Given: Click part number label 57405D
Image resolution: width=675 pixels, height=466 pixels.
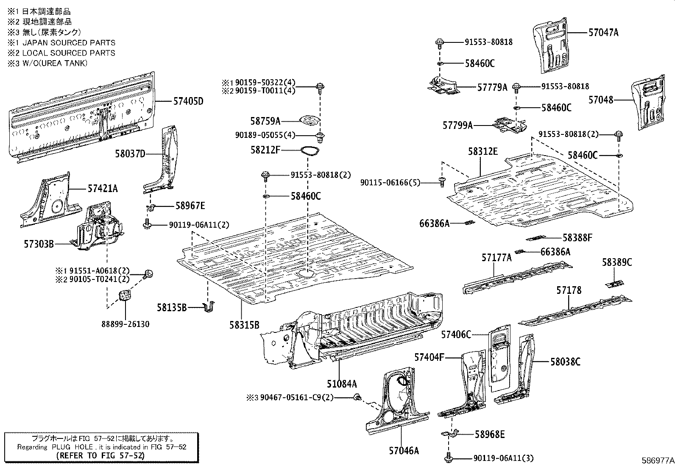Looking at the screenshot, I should click(x=188, y=101).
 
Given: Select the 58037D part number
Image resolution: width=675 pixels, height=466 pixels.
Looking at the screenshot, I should click(x=130, y=153).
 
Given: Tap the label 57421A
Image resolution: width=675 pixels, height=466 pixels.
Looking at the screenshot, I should click(x=103, y=188).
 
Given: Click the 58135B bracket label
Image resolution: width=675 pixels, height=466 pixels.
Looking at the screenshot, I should click(x=172, y=308).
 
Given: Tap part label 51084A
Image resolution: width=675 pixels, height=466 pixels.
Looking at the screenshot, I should click(x=342, y=384).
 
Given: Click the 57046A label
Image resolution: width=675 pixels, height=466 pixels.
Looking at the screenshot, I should click(x=404, y=451).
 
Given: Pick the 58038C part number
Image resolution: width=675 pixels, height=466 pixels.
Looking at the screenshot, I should click(x=565, y=362).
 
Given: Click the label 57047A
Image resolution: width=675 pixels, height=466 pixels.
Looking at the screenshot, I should click(x=603, y=32).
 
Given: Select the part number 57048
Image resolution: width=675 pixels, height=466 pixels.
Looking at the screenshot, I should click(x=601, y=100).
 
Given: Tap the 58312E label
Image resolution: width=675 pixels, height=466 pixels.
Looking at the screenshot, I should click(x=483, y=151).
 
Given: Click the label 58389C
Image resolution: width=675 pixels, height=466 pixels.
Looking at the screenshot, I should click(x=616, y=262).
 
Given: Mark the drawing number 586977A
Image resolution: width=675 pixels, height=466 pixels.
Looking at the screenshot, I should click(x=657, y=460).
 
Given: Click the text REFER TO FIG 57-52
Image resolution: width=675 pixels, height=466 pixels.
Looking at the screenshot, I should click(x=101, y=455).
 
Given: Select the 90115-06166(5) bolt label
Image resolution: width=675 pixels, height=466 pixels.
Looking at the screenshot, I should click(x=390, y=182).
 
